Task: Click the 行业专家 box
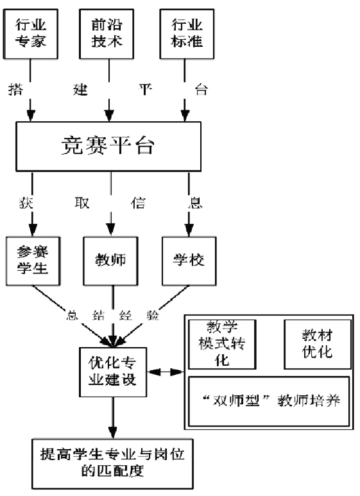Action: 31,34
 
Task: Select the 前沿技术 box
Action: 107,34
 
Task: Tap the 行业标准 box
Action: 187,34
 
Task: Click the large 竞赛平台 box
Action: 108,146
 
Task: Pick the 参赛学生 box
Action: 33,261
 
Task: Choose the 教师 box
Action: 110,261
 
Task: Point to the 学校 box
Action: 189,261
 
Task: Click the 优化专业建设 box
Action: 112,372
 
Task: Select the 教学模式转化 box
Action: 222,344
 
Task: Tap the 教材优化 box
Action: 318,344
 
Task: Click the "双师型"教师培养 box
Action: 269,402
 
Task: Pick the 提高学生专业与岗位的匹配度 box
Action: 112,464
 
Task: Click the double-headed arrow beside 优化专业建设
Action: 166,372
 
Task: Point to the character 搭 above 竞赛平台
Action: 16,90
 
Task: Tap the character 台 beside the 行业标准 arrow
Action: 201,90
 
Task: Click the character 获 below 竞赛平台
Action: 26,203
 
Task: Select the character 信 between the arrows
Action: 138,203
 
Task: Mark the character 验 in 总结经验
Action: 153,316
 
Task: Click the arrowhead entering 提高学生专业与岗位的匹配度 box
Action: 112,433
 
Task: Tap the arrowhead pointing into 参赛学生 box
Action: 32,230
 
